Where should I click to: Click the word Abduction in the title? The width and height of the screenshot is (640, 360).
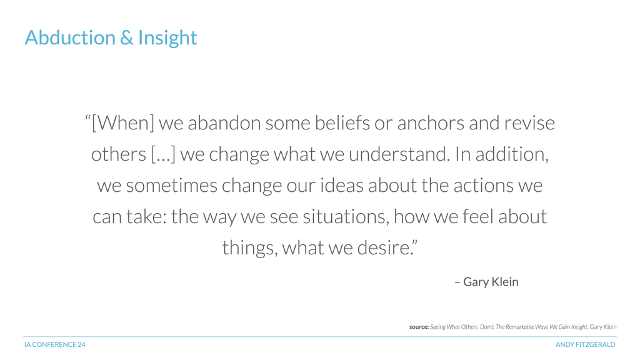(70, 37)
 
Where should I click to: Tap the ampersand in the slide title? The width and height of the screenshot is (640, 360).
(127, 37)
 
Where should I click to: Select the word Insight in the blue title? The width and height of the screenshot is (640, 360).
(167, 38)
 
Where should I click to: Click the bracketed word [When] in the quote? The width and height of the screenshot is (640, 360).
(123, 122)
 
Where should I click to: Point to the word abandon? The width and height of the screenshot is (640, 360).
(224, 122)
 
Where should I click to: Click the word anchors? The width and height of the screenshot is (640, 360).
(431, 122)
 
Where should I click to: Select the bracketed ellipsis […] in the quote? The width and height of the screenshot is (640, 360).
(163, 154)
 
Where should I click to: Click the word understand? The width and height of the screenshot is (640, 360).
(399, 154)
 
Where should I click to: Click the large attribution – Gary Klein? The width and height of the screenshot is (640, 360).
(486, 282)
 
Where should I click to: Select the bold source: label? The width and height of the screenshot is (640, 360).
(419, 327)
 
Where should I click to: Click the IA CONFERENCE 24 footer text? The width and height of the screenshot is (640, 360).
(55, 344)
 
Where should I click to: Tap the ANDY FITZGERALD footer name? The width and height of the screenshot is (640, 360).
(585, 344)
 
